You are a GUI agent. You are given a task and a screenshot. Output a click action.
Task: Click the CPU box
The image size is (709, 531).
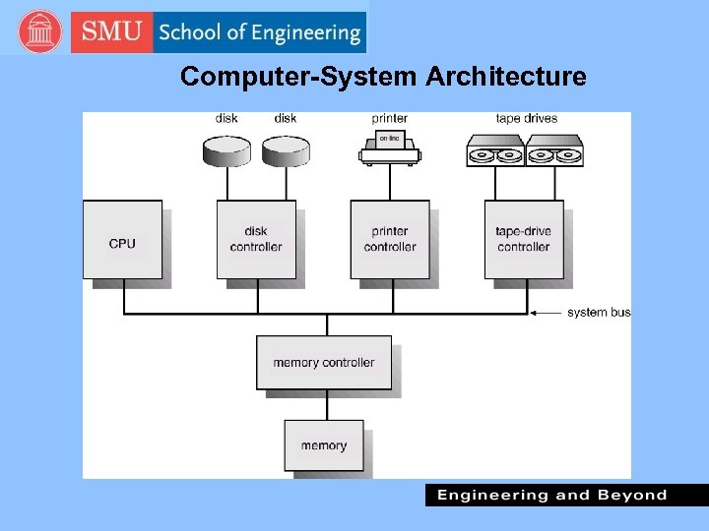pos(122,240)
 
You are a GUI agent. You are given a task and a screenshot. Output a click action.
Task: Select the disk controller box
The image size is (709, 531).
pos(255,240)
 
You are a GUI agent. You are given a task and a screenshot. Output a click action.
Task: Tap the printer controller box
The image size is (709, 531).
pos(389,240)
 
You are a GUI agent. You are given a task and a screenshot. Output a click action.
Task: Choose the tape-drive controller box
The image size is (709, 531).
pos(523,240)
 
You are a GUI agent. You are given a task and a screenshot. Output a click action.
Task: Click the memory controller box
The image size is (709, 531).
pos(324,363)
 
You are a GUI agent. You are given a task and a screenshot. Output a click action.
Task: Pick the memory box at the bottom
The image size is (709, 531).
pos(324,445)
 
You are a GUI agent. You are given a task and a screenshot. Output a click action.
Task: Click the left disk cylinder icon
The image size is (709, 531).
pos(226,150)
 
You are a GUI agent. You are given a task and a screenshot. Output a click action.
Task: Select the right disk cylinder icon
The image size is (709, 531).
pos(286,150)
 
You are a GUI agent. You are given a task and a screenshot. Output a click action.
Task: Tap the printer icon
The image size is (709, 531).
pos(390,147)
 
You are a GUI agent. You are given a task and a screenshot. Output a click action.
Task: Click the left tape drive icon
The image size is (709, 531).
pos(495,152)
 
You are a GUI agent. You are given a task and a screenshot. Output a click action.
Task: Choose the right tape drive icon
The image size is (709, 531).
pos(554,152)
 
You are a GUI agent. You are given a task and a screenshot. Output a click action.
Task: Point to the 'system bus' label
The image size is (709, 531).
pos(599,313)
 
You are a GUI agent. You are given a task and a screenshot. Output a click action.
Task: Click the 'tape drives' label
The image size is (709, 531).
pos(526,119)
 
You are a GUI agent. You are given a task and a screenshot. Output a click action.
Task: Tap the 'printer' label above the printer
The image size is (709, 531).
pos(390,119)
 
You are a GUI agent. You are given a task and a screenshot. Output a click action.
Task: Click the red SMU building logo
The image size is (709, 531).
pos(39,32)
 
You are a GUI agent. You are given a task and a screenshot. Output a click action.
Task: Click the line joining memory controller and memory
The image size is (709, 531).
pos(325,405)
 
